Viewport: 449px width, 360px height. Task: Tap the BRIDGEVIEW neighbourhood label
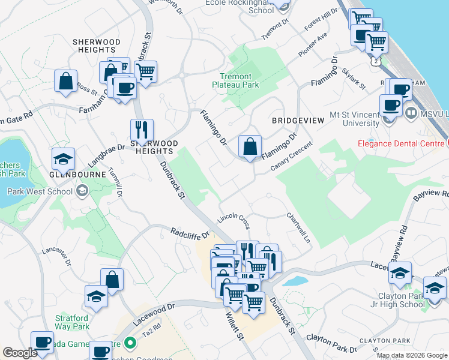coord(298,121)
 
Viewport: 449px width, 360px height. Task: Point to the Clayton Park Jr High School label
coord(410,300)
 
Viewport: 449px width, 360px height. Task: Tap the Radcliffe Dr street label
coord(189,232)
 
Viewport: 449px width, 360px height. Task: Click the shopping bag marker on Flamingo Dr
coord(250,146)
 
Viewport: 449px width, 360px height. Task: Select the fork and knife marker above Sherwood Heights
coord(142,130)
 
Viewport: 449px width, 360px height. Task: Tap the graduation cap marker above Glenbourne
coord(63,159)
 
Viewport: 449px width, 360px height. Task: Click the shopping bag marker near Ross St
coord(66,81)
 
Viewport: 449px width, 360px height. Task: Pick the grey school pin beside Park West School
coord(82,191)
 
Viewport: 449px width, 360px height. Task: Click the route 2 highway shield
coord(376,61)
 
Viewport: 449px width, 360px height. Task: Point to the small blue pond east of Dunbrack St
coord(294,280)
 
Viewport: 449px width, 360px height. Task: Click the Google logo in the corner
coord(20,353)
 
